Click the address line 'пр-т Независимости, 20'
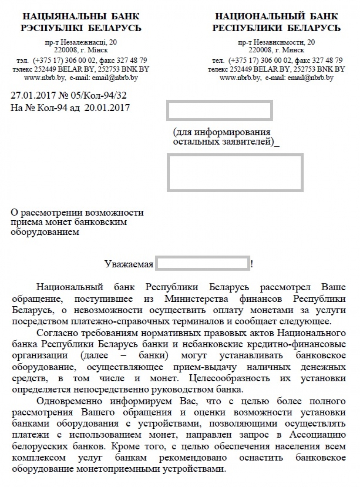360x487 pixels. point(276,42)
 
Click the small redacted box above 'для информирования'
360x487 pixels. point(219,111)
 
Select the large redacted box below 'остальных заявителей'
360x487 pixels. point(235,173)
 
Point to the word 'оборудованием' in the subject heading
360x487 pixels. point(46,232)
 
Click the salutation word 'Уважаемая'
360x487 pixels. point(129,264)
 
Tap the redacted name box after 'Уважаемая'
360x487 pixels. point(202,264)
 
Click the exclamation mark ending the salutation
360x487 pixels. point(252,264)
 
